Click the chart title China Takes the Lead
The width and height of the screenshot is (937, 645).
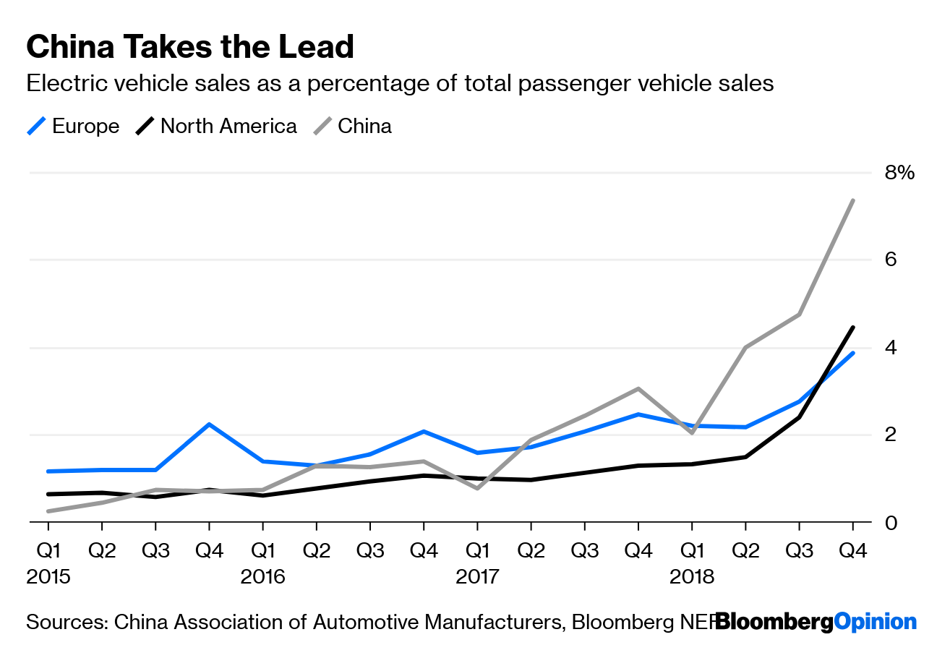tap(190, 47)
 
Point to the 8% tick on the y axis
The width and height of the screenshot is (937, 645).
tap(899, 173)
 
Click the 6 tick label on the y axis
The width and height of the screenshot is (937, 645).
tap(890, 260)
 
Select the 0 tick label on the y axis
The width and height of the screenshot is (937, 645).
tap(890, 523)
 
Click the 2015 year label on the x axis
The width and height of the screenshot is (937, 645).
tap(49, 577)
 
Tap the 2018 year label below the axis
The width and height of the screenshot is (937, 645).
tap(691, 577)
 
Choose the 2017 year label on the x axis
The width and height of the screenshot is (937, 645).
tap(477, 577)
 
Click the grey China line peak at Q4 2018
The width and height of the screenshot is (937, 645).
tap(853, 200)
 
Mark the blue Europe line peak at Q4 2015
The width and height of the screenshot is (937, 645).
tap(209, 424)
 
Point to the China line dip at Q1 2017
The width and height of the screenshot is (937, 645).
tap(477, 489)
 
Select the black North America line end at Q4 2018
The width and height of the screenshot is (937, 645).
tap(853, 328)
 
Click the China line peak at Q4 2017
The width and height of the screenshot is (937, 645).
tap(638, 389)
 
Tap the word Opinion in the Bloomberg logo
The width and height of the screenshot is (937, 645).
tap(876, 622)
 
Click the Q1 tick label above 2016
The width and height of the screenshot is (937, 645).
tap(263, 551)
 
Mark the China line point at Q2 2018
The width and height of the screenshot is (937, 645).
tap(745, 348)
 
